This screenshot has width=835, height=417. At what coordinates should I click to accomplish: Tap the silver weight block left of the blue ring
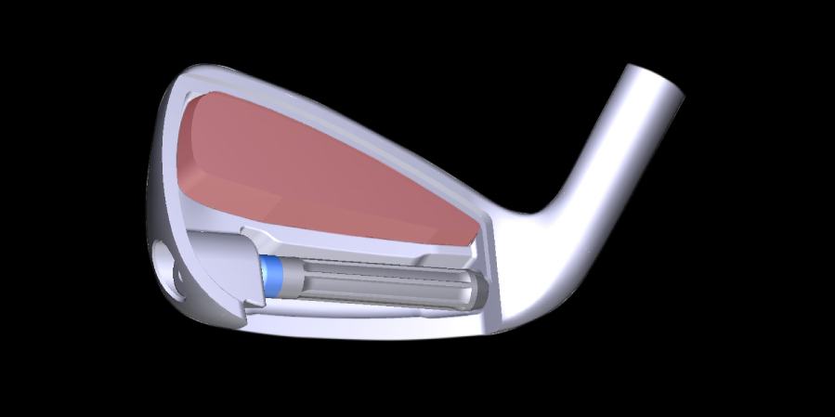tap(223, 269)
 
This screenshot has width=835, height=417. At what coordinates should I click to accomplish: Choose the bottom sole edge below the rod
tap(372, 331)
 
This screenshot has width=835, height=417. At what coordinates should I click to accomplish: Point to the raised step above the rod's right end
tap(437, 259)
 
